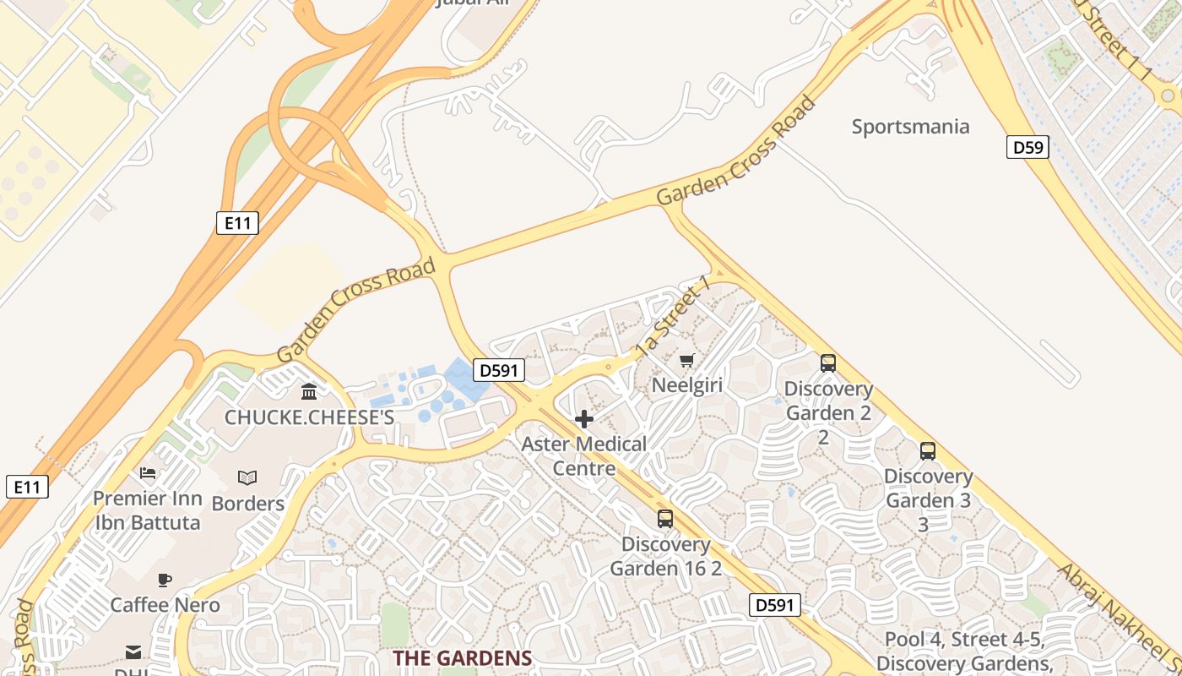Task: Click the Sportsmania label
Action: [910, 127]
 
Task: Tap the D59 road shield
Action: [1027, 148]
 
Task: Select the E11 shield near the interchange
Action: [237, 223]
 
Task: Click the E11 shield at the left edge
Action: [27, 487]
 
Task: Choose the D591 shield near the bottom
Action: [774, 605]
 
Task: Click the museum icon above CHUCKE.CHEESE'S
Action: [309, 392]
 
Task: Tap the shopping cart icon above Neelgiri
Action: [686, 361]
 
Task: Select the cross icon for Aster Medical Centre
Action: [583, 419]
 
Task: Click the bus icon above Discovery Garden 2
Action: [828, 363]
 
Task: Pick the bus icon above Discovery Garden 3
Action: [928, 451]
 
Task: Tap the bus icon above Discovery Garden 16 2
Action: [665, 519]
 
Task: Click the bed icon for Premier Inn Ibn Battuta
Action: [148, 473]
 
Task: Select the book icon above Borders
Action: [247, 478]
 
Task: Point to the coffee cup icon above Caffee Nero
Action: [165, 580]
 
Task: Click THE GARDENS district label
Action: [462, 658]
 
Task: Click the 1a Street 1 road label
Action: [672, 321]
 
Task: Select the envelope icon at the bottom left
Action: [133, 651]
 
